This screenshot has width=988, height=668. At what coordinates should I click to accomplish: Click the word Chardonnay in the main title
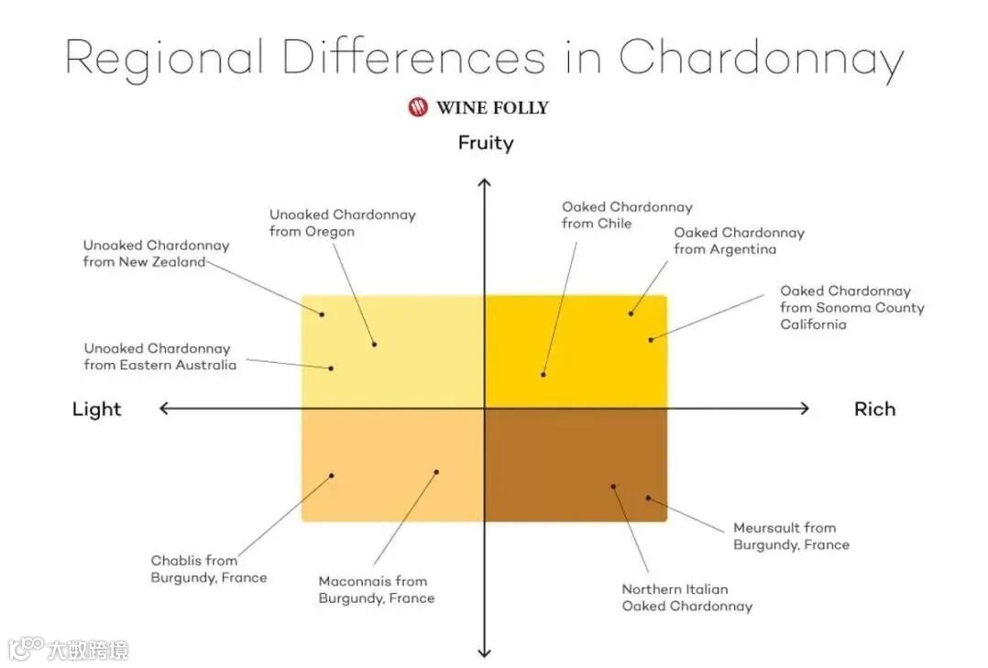coord(761,60)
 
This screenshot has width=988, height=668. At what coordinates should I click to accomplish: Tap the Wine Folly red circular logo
coord(418,107)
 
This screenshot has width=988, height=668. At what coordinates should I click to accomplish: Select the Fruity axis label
coord(486,143)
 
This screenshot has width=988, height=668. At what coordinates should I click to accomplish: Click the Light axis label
coord(96,409)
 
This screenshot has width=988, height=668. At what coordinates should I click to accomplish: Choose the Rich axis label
coord(874,409)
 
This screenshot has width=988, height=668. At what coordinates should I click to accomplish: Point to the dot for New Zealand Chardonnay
coord(322,314)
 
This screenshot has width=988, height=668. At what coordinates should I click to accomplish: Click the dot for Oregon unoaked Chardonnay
coord(375,344)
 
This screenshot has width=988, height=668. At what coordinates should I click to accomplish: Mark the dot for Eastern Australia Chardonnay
coord(332,368)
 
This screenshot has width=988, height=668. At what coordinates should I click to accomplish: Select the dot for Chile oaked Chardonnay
coord(543,374)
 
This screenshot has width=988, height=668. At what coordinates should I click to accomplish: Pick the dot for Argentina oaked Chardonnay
coord(631,313)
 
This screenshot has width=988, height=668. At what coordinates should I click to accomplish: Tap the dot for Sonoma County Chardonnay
coord(651,340)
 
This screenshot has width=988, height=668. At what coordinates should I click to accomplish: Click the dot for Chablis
coord(332,476)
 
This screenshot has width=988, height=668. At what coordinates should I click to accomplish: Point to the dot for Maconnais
coord(436,473)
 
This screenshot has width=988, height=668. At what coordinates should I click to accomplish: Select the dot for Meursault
coord(648,498)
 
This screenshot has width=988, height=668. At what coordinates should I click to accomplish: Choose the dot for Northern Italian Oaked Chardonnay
coord(613,487)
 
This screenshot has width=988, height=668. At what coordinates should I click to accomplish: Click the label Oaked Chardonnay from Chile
coord(627,215)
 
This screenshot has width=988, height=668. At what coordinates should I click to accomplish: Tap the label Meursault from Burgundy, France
coord(791,536)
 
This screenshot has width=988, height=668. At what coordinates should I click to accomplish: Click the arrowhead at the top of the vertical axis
coord(485,184)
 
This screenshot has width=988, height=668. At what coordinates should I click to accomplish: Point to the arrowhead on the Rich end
coord(804,409)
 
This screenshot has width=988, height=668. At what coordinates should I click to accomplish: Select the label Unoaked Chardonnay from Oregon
coord(342,224)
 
